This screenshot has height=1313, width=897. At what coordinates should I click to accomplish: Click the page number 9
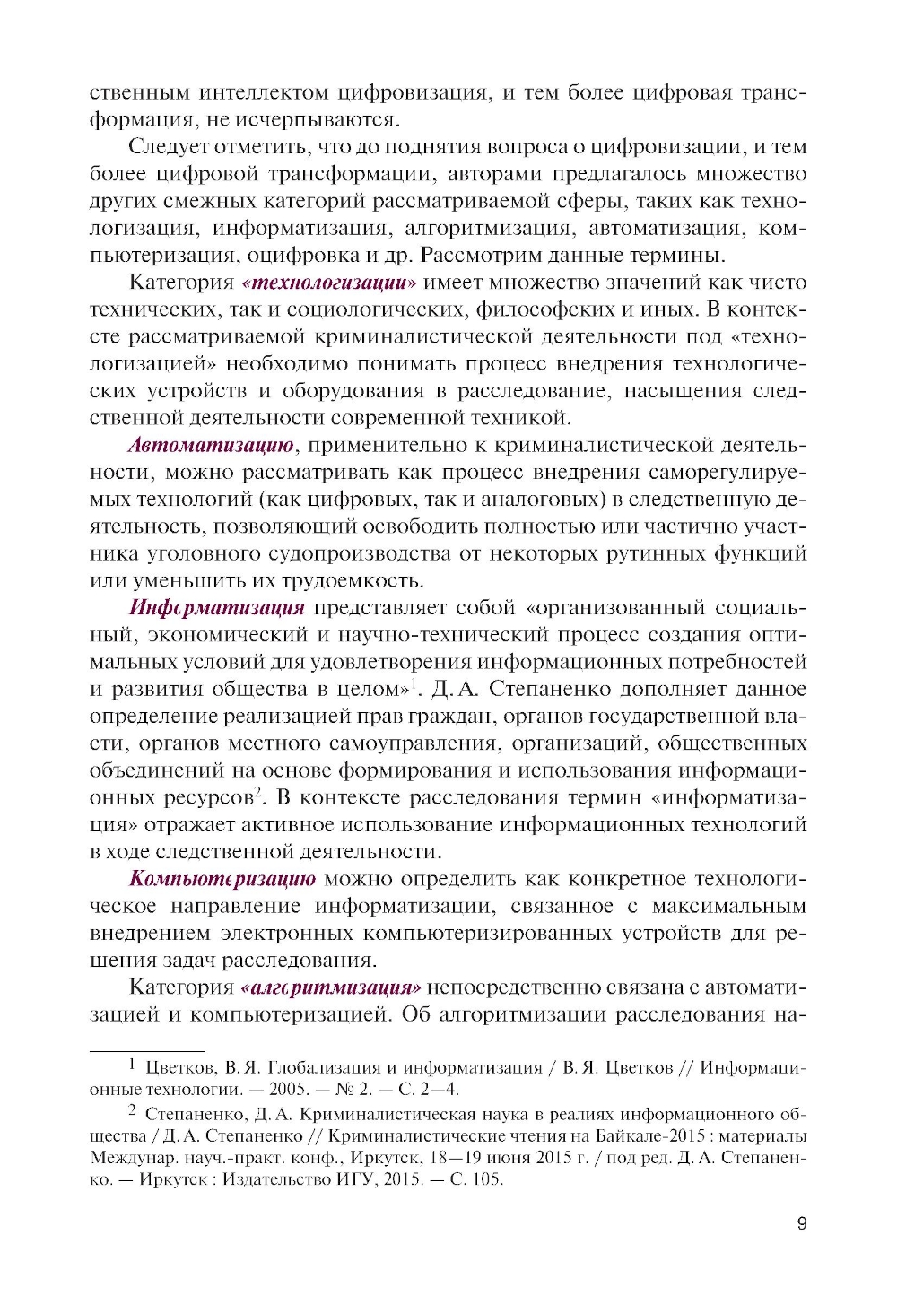coord(801,1223)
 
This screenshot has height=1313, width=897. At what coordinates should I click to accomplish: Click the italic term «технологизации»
coord(329,283)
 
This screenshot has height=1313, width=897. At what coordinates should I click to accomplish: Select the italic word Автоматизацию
coord(211,446)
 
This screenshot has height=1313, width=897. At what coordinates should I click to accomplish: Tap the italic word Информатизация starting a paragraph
coord(217,608)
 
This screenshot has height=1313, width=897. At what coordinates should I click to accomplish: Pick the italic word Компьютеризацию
coord(222,879)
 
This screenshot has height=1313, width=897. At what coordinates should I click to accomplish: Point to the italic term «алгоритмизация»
coord(331,987)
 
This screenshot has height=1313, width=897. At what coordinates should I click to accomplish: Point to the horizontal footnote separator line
coord(147,1050)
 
